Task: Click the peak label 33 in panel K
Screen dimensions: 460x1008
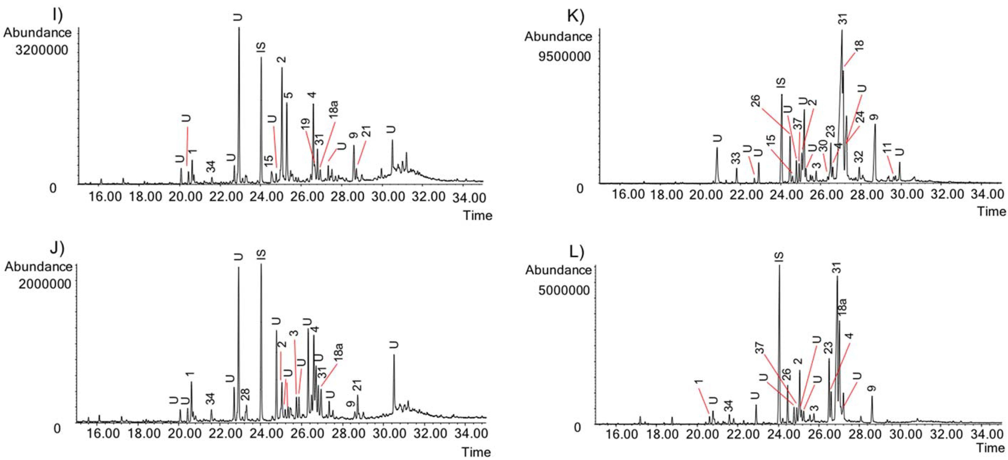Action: pos(736,158)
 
